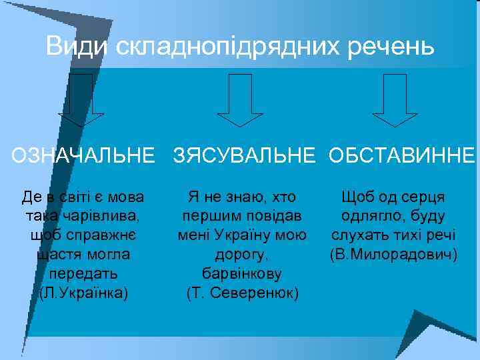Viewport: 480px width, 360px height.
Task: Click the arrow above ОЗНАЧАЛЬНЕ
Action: pos(81,100)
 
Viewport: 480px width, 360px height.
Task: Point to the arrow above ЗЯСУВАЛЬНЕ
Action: pos(241,100)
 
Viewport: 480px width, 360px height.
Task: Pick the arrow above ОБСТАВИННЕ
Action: pos(394,100)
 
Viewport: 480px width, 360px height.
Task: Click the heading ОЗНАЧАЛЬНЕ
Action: pos(82,156)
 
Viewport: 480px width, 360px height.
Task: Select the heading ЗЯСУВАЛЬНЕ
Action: pos(244,156)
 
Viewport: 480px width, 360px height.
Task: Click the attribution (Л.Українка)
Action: pos(83,293)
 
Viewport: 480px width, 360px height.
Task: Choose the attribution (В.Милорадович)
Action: pos(393,255)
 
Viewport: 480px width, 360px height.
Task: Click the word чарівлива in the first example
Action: pos(101,216)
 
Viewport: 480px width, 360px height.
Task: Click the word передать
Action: pos(83,274)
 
